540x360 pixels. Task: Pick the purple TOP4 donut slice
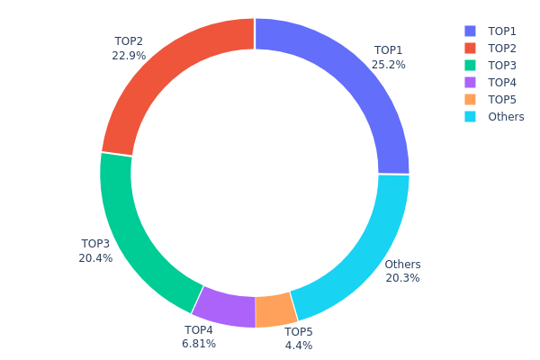click(223, 307)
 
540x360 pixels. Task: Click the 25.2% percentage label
click(389, 65)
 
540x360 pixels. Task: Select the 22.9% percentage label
click(130, 56)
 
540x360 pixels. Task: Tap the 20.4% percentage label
click(95, 258)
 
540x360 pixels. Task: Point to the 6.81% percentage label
click(199, 344)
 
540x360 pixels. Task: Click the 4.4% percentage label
click(299, 346)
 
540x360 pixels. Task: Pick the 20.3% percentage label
click(402, 278)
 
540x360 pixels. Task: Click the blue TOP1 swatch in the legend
click(470, 31)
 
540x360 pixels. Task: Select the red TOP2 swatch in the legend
click(470, 49)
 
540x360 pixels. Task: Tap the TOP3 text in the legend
click(502, 66)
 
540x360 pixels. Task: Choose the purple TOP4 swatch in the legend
click(470, 83)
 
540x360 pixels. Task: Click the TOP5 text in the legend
click(502, 100)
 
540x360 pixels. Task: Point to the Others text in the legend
click(506, 117)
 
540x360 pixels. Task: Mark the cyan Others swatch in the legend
click(470, 117)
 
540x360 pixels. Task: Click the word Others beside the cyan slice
click(402, 265)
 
